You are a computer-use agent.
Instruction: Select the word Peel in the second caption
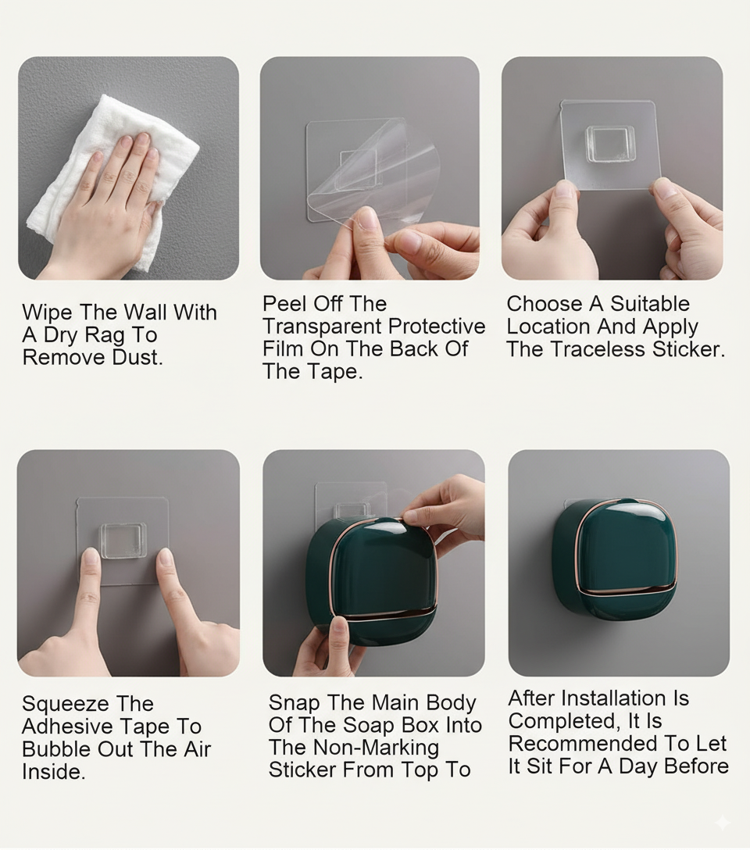click(285, 304)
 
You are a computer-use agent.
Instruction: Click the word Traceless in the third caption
click(598, 349)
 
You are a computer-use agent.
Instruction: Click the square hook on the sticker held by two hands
click(610, 144)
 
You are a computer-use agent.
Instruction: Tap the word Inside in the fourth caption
click(52, 772)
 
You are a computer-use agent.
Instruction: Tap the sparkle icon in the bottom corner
click(723, 823)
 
